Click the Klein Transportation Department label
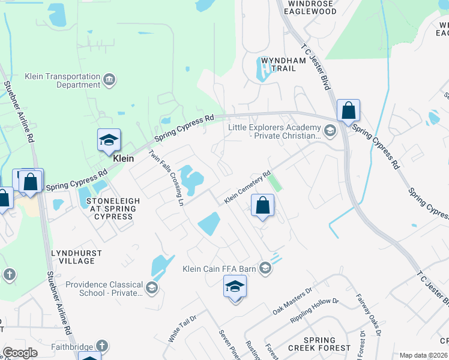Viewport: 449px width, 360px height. [62, 80]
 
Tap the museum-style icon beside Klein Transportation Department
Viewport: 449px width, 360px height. [109, 80]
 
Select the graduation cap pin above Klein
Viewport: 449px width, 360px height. [109, 140]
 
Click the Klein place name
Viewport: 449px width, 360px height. [123, 159]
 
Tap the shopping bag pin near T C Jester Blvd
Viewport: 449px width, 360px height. [348, 111]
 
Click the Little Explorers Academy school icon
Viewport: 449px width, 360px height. [329, 130]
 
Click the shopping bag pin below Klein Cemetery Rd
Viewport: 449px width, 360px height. [262, 206]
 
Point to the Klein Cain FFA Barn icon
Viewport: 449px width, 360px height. [265, 269]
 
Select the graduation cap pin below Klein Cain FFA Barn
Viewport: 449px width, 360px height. [235, 287]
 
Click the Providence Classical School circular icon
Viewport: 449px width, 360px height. [152, 289]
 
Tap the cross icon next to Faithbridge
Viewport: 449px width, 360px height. [102, 346]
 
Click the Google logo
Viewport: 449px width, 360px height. [20, 353]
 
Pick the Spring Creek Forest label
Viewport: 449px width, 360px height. [319, 344]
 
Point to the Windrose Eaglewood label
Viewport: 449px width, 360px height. [310, 7]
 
